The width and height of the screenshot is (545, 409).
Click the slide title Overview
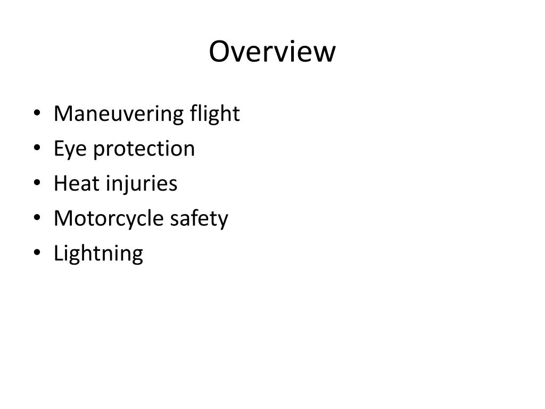[272, 52]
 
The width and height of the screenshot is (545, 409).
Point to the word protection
[144, 149]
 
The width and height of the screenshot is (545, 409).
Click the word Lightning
[98, 253]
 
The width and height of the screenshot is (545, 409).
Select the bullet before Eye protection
[36, 149]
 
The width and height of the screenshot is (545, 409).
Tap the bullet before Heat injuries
[36, 184]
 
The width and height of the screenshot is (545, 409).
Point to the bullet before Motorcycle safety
[36, 219]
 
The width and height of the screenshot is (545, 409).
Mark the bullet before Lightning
[36, 253]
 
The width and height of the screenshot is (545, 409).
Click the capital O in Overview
[219, 52]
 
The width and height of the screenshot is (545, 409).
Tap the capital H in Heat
[60, 184]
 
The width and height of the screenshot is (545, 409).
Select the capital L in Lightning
[57, 253]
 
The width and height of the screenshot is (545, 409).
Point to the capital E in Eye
[59, 149]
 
